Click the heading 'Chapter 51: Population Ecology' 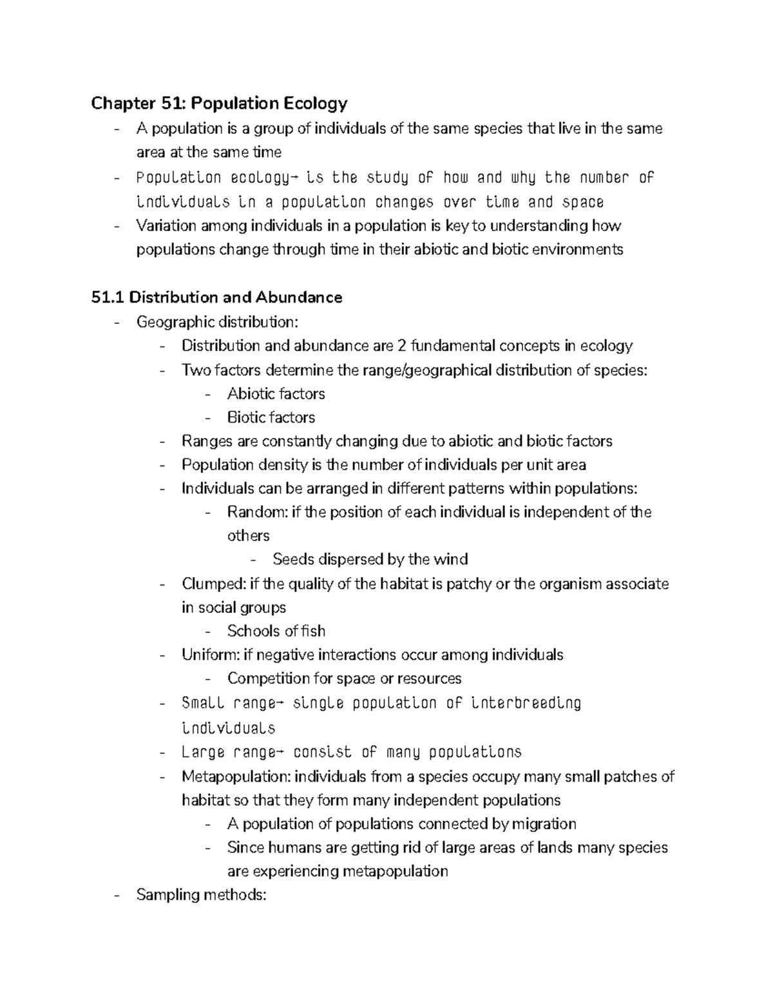tap(219, 103)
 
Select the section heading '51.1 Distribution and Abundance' tap(216, 297)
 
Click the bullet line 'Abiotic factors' tap(276, 394)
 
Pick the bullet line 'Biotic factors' tap(271, 418)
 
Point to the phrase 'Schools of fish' tap(276, 631)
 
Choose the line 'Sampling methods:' tap(201, 895)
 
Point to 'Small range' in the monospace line tap(219, 703)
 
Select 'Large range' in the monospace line tap(219, 752)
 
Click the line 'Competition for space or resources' tap(344, 679)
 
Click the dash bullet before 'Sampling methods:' tap(116, 896)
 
